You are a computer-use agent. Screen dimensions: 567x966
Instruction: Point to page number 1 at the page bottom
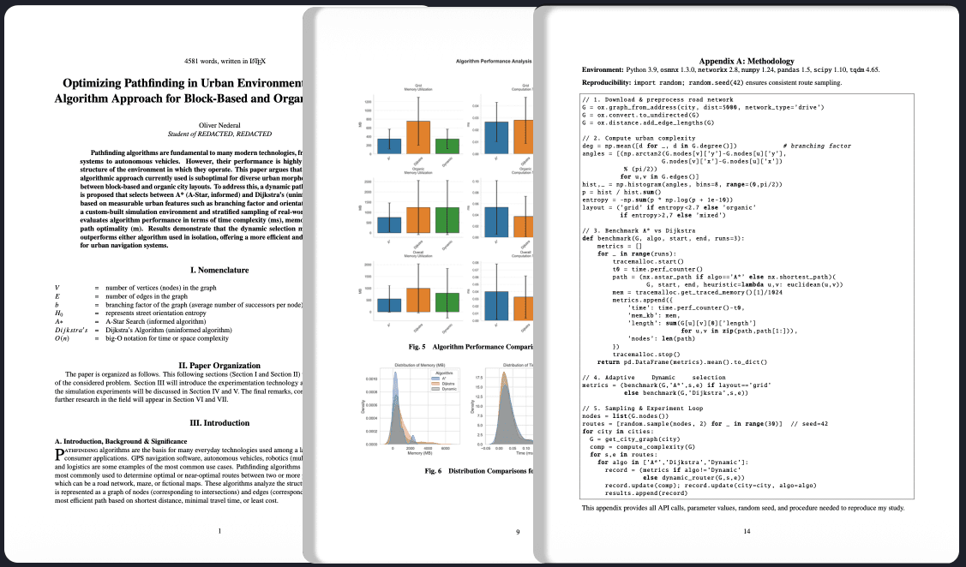[x=220, y=532]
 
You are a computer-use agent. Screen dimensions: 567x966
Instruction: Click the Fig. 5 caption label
[x=417, y=347]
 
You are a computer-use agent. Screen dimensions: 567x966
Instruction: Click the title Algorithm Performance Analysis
[x=494, y=62]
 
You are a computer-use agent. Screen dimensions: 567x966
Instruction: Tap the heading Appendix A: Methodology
[x=747, y=61]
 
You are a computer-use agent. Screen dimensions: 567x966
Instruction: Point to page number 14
[x=747, y=532]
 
